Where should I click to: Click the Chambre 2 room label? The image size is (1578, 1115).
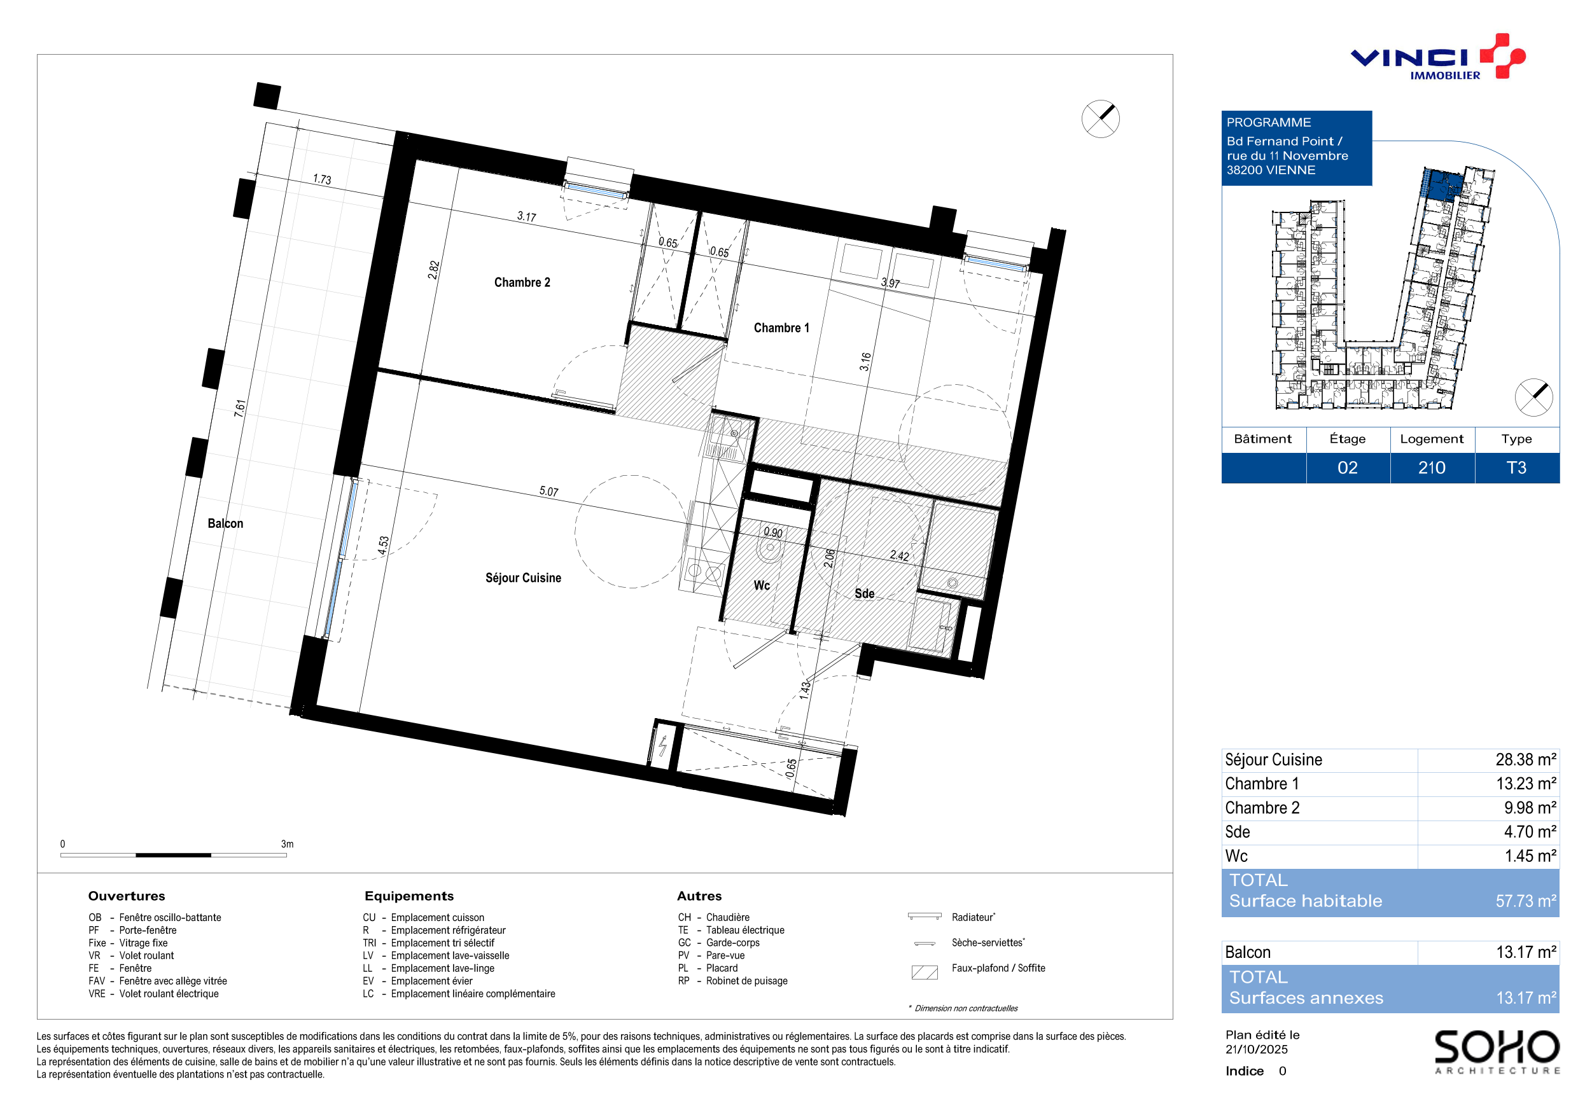(522, 282)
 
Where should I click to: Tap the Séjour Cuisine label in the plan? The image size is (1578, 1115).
(523, 578)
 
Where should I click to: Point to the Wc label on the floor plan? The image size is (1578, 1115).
(762, 585)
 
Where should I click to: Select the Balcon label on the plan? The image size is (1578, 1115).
(225, 523)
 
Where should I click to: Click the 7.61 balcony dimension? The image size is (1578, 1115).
(240, 408)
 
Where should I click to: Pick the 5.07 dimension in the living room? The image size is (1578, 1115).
(549, 491)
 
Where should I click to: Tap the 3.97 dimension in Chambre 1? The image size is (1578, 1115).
(891, 282)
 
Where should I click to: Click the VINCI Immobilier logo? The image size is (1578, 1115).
(1438, 57)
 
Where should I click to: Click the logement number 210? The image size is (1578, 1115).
(1432, 468)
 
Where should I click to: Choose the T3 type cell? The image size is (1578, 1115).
(1516, 468)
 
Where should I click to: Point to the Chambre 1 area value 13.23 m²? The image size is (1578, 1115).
(1526, 784)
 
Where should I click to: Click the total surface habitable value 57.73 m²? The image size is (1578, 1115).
(1526, 901)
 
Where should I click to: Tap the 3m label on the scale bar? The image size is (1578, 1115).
(287, 843)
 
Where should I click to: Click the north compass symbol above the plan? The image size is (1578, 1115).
(1100, 119)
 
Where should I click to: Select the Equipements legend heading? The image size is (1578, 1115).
(409, 896)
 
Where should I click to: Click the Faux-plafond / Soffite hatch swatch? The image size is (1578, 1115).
(925, 972)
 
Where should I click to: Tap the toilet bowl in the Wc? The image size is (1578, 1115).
(770, 548)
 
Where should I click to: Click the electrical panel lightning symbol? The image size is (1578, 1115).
(663, 745)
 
